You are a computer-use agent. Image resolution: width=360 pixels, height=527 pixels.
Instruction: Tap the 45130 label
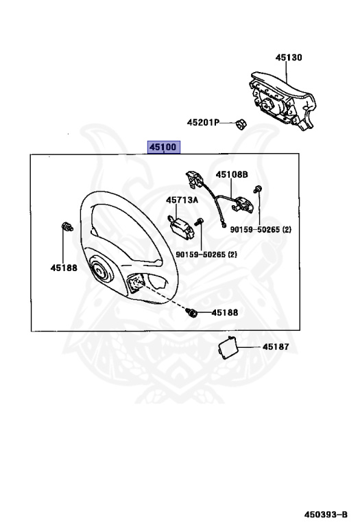[289, 58]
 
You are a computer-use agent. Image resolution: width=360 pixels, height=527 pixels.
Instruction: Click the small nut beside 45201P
[241, 124]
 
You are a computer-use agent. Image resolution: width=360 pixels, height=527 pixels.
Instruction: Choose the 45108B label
[232, 174]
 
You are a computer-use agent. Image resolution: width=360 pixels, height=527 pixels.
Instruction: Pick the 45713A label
[181, 200]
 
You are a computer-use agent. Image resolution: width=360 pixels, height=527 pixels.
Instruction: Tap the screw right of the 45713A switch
[199, 221]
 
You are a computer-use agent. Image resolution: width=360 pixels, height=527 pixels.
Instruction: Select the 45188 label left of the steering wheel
[63, 267]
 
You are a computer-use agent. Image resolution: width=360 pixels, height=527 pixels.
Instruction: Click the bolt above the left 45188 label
[67, 227]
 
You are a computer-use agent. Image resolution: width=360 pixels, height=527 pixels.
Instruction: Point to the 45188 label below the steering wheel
[224, 312]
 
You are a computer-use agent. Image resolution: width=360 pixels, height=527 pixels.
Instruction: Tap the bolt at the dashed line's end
[193, 312]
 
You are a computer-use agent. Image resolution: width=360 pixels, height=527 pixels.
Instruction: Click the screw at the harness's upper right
[257, 189]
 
